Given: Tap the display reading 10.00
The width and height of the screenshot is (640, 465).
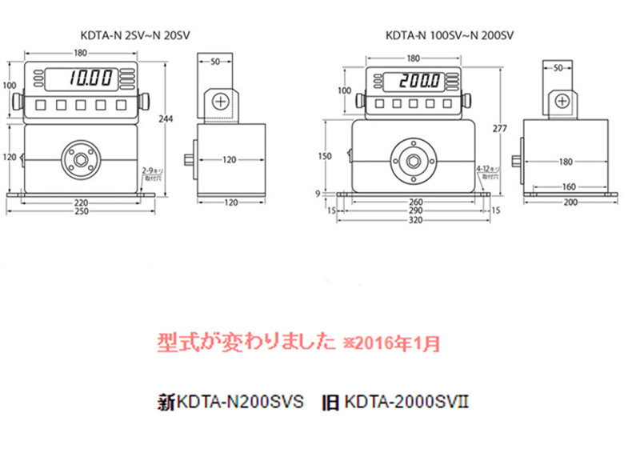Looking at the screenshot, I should click(90, 78).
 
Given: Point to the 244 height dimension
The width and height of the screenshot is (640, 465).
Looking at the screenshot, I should click(166, 118).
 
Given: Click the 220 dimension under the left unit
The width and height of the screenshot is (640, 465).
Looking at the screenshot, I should click(80, 202).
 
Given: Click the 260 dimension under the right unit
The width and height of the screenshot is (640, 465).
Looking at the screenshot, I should click(414, 202).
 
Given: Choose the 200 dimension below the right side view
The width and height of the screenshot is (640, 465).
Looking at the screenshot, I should click(570, 203).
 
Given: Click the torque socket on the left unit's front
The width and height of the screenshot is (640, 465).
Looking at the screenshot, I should click(81, 158).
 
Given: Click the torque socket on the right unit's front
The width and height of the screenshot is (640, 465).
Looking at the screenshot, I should click(414, 159).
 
